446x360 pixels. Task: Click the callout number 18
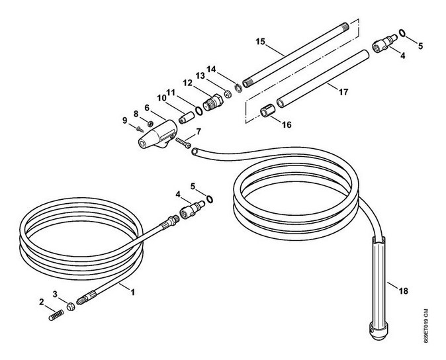click(404, 291)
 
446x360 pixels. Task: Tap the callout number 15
click(260, 42)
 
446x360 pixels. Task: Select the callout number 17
click(343, 92)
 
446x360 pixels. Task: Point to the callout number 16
click(287, 124)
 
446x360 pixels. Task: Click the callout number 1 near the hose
click(132, 292)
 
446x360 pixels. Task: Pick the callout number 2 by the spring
click(42, 302)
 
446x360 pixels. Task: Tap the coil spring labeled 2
click(56, 316)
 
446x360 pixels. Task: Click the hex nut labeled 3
click(71, 306)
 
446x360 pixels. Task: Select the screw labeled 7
click(183, 143)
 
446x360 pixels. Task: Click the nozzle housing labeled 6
click(158, 135)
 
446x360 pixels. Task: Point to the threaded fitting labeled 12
click(214, 103)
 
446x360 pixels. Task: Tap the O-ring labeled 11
click(199, 111)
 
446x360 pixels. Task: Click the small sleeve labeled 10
click(187, 118)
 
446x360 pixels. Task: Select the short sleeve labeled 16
click(267, 111)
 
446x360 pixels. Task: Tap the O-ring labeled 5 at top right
click(402, 32)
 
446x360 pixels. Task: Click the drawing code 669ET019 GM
click(425, 326)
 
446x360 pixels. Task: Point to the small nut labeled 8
click(150, 123)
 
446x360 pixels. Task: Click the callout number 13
click(200, 75)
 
